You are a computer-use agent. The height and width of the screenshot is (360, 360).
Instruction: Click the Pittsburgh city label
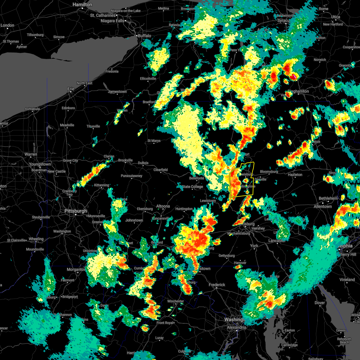(x=76, y=211)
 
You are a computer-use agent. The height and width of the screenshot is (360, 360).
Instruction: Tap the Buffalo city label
(x=144, y=36)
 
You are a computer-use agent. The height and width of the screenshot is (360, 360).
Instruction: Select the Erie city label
(x=70, y=89)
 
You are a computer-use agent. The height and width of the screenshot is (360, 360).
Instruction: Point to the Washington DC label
(x=235, y=320)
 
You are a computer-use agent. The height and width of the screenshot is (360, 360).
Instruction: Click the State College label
(x=192, y=187)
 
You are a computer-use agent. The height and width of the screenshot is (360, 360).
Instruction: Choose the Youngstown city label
(x=40, y=164)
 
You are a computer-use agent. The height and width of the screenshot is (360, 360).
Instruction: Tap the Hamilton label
(x=82, y=5)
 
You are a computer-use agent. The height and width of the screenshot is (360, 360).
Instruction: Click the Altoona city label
(x=163, y=206)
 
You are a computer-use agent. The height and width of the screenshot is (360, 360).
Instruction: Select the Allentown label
(x=322, y=206)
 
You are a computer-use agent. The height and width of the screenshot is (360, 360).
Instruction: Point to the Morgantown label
(x=76, y=269)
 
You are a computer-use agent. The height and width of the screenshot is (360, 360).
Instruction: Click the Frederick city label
(x=217, y=285)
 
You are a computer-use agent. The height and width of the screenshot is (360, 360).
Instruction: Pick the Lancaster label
(x=277, y=241)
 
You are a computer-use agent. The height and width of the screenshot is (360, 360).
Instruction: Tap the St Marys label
(x=154, y=141)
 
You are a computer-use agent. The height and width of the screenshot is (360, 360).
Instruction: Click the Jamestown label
(x=117, y=91)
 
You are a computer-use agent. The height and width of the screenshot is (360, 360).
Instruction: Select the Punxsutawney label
(x=131, y=176)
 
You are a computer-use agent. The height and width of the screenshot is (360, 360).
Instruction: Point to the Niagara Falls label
(x=112, y=21)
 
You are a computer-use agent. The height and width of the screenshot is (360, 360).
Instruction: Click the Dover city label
(x=319, y=303)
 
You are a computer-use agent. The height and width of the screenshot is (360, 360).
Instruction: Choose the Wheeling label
(x=36, y=239)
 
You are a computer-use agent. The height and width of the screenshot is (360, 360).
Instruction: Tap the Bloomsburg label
(x=269, y=172)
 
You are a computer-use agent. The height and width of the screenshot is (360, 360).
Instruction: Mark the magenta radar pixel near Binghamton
(x=295, y=77)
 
